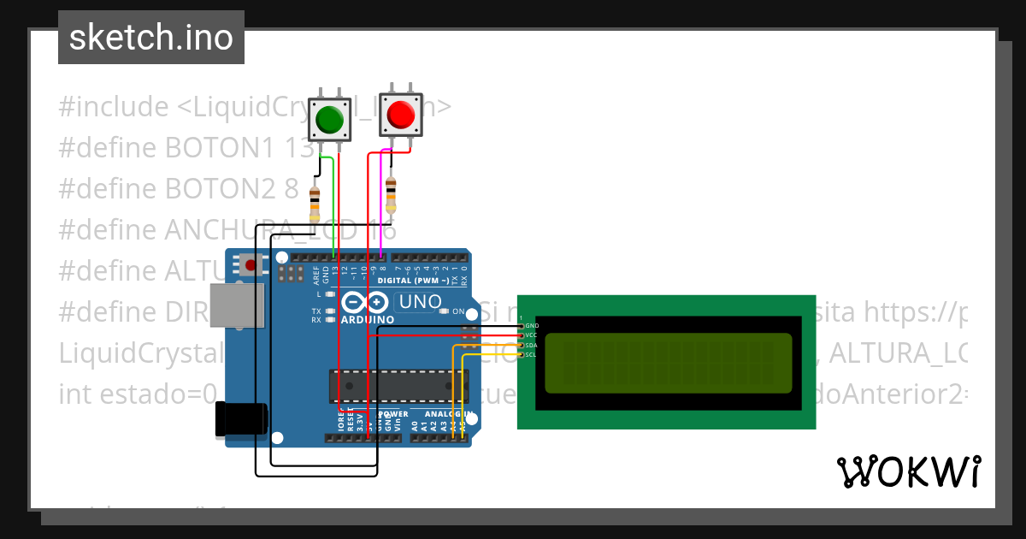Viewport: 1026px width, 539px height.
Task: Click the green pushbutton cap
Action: (x=329, y=119)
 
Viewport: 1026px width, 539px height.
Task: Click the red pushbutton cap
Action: (x=400, y=114)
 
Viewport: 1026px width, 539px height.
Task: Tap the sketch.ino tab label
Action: (x=151, y=38)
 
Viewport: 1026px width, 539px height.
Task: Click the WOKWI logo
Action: (x=908, y=471)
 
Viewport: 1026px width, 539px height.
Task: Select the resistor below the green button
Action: (x=315, y=204)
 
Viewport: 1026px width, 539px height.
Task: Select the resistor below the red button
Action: (x=391, y=195)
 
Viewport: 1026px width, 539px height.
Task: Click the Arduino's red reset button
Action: (x=251, y=265)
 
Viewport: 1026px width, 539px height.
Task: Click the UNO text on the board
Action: (x=421, y=301)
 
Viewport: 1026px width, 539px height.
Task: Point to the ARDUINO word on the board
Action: (x=368, y=320)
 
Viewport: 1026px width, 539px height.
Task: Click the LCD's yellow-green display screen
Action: (x=668, y=363)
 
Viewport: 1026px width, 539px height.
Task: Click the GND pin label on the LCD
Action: (x=532, y=326)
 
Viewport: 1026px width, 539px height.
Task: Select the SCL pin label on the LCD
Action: (x=531, y=354)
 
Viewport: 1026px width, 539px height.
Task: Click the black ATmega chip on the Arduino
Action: (x=398, y=386)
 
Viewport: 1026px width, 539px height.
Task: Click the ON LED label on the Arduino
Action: (x=458, y=311)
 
